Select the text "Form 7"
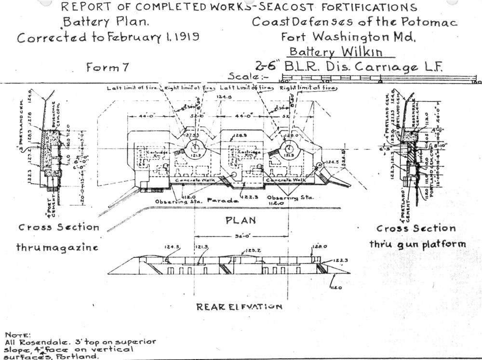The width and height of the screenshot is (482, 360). [107, 67]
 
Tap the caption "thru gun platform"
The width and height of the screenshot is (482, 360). [417, 244]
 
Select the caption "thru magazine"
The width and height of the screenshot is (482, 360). [57, 247]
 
